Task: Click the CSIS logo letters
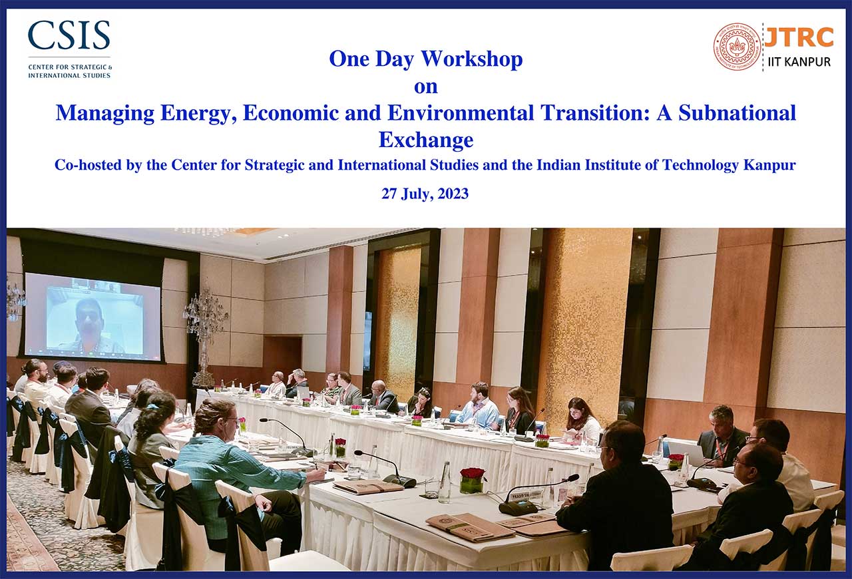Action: (69, 35)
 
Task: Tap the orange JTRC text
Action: (799, 37)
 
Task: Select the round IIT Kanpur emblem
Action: (737, 47)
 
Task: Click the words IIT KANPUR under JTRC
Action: (799, 62)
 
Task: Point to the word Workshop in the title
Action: (472, 60)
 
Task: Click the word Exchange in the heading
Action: (426, 140)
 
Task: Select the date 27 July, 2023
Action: (425, 194)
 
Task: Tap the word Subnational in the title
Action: (737, 112)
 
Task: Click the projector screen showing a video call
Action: (93, 316)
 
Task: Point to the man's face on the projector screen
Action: (89, 315)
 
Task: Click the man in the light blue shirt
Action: (478, 407)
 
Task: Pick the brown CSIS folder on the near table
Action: (470, 527)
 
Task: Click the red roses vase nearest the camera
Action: (473, 481)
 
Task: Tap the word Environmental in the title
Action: (461, 112)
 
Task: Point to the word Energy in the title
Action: (199, 114)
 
